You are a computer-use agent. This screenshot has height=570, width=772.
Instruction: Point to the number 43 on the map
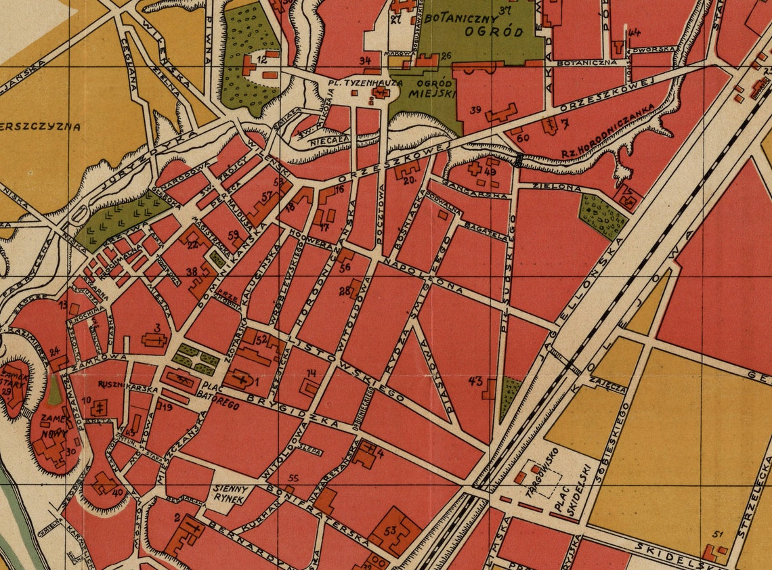pyautogui.click(x=475, y=381)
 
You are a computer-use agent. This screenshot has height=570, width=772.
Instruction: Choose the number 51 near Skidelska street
pyautogui.click(x=718, y=534)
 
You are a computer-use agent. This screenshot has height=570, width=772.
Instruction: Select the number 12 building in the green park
pyautogui.click(x=260, y=61)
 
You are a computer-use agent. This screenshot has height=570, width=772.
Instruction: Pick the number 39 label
pyautogui.click(x=475, y=110)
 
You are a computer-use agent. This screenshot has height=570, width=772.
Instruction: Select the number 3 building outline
pyautogui.click(x=156, y=338)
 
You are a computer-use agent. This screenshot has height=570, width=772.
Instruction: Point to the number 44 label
pyautogui.click(x=634, y=32)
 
